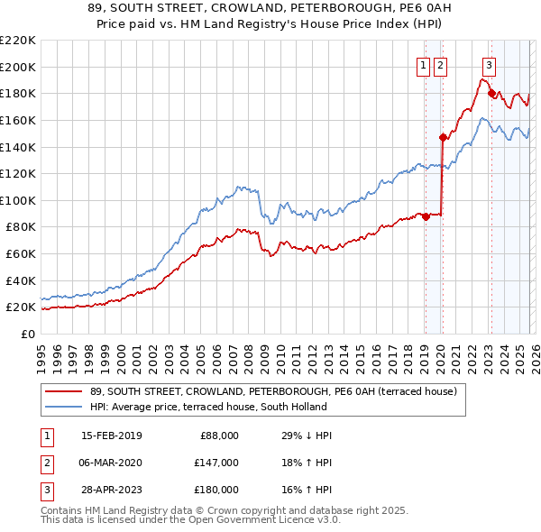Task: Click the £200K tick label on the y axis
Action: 18,67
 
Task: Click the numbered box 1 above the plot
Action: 423,65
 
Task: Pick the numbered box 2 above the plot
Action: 440,65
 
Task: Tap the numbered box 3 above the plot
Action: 489,65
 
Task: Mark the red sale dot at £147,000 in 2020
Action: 443,137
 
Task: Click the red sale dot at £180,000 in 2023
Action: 491,93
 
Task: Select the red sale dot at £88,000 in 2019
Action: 426,216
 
